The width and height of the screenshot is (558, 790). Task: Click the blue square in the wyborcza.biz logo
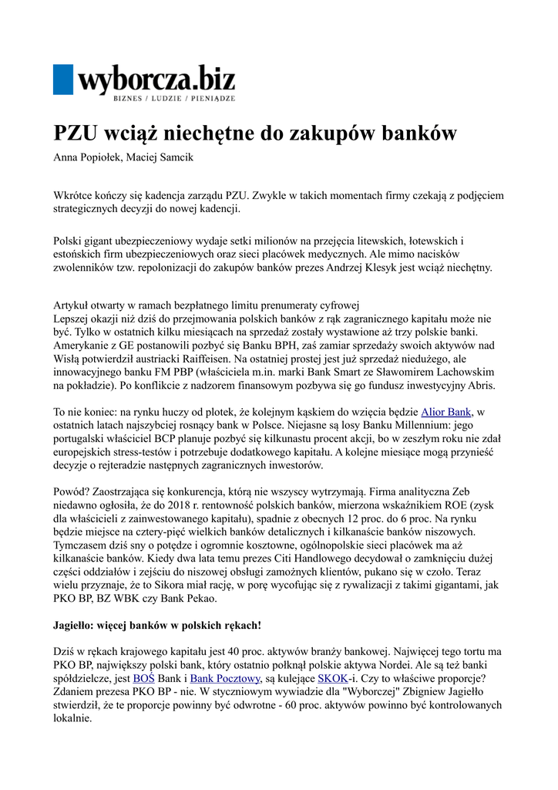click(63, 79)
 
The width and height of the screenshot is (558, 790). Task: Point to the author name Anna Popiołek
click(84, 158)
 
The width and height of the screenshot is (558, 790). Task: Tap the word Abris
click(479, 386)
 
